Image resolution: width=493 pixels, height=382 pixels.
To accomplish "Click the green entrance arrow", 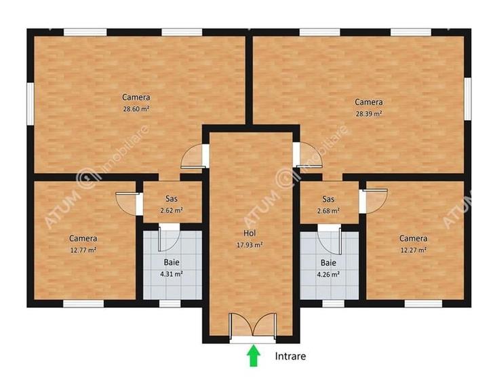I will click(254, 356).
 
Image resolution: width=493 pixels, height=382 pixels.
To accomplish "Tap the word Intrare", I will click(291, 355).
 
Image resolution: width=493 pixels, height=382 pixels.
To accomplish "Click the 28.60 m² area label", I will click(136, 108).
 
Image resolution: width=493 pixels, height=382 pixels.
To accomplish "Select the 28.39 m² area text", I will click(369, 113).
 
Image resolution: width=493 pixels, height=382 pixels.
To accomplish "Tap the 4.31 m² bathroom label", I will click(172, 273).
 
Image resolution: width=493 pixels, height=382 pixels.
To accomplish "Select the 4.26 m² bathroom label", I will click(328, 273).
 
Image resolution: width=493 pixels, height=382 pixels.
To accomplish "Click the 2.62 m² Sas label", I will click(172, 210).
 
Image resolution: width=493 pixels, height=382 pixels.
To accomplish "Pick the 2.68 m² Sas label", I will click(328, 210).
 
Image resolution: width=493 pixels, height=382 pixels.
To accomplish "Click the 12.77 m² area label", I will click(83, 250).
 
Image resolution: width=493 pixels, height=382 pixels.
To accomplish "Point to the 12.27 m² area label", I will click(413, 250).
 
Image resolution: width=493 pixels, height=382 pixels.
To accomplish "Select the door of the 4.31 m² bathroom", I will click(168, 238).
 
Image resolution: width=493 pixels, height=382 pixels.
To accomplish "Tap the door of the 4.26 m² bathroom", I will click(329, 238).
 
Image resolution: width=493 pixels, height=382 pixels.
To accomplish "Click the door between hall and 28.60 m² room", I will click(195, 157).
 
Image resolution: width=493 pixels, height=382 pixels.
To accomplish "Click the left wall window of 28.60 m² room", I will click(30, 102).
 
